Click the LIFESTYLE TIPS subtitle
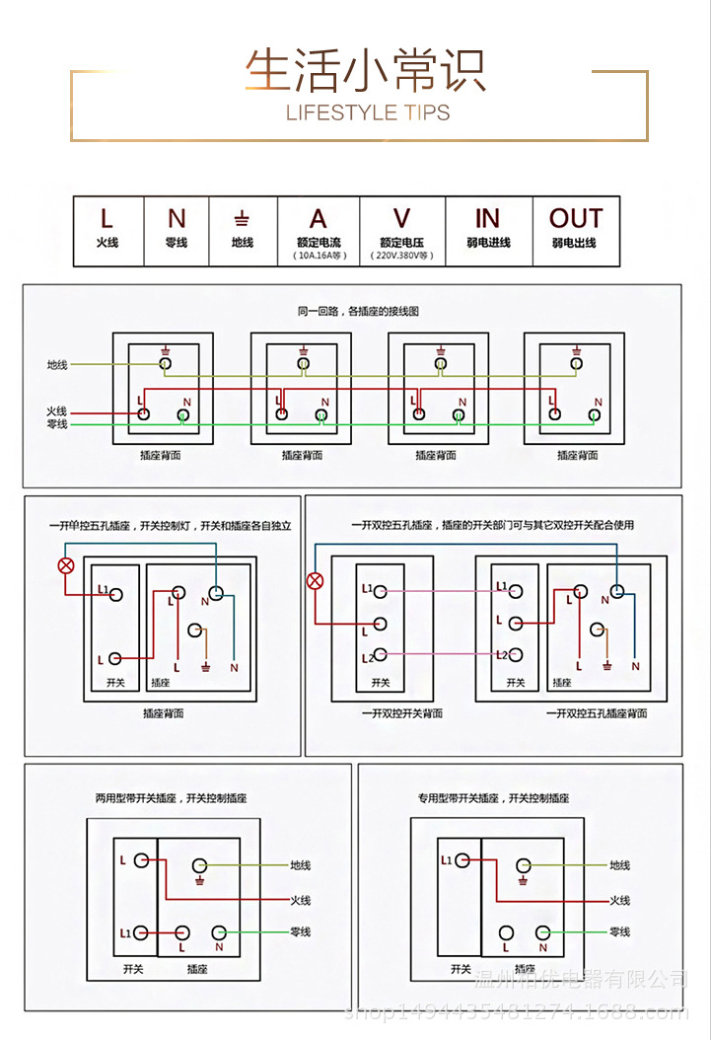coord(367,112)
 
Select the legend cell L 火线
coord(107,229)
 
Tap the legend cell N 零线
coord(177,229)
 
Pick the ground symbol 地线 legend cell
coord(242,229)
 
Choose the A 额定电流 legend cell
coord(318,231)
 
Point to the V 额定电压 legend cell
coord(401,231)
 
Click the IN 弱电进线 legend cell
coord(488,229)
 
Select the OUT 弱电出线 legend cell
coord(575,229)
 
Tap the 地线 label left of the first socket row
coord(57,365)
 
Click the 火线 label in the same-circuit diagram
coord(57,410)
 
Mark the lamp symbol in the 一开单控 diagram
coord(66,566)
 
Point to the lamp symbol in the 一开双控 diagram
coord(316,580)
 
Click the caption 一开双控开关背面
coord(401,712)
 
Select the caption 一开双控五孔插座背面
coord(596,712)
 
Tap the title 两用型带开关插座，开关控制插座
coord(165,797)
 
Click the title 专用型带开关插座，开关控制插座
coord(493,797)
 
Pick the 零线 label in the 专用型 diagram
coord(619,931)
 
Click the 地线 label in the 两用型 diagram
coord(300,865)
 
